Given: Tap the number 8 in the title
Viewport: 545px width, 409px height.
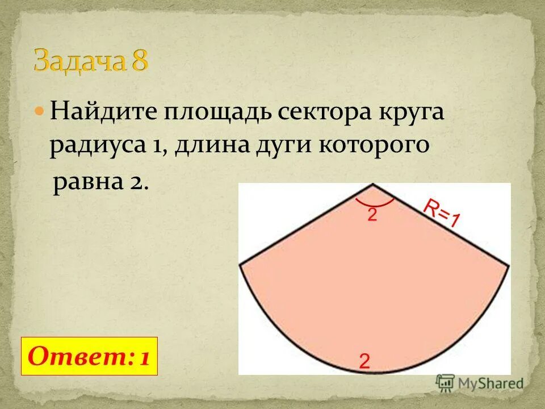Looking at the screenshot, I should click(140, 60).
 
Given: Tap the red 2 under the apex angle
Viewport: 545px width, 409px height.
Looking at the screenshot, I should click(372, 215).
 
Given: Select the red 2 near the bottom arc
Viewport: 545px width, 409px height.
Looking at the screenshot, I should click(364, 361).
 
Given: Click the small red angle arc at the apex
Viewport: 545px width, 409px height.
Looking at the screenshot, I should click(375, 204).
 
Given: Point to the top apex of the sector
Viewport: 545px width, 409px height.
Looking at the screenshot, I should click(372, 185).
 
